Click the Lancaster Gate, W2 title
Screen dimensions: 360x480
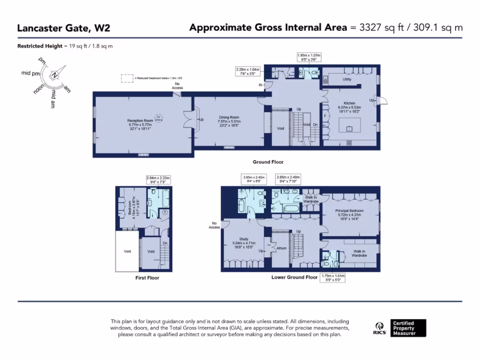(64, 28)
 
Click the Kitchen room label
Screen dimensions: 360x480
(349, 103)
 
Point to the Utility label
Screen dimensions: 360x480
(347, 80)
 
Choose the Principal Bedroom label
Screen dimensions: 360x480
(350, 211)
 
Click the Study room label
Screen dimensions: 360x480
(244, 239)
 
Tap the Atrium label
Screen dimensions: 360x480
(281, 248)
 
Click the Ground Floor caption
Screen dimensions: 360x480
(268, 162)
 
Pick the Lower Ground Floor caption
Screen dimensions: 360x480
(294, 277)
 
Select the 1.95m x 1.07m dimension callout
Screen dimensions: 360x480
(310, 58)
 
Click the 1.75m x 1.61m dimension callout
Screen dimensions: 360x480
(332, 279)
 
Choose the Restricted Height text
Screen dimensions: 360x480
(65, 46)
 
